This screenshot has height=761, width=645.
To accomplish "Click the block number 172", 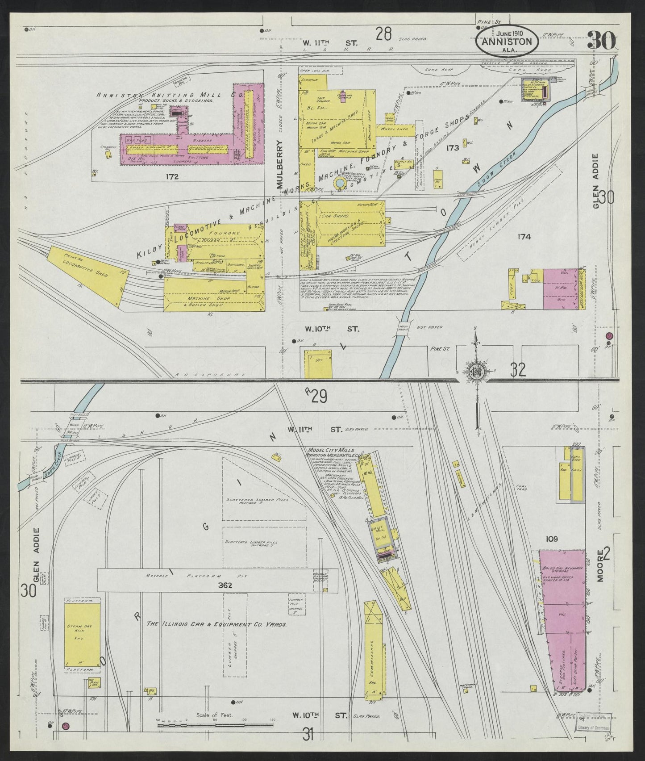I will click(x=171, y=177).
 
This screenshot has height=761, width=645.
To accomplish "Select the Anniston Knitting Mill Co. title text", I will click(x=170, y=95).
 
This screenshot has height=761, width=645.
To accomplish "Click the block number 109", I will click(x=552, y=539).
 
